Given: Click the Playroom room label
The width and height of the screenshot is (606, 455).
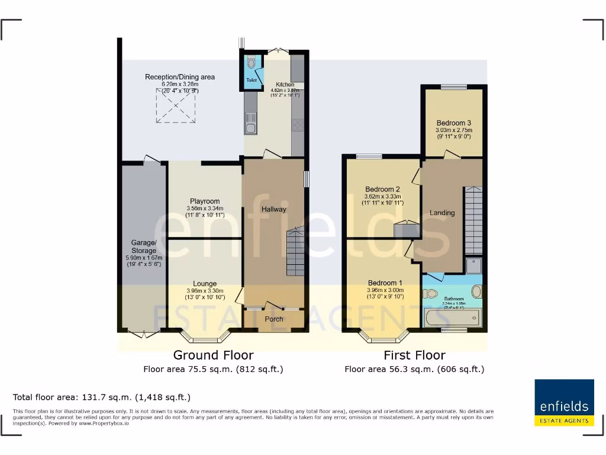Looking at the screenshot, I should (205, 201).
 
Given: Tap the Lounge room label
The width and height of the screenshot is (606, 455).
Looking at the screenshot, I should (205, 284).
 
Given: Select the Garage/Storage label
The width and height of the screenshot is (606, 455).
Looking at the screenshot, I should (144, 246).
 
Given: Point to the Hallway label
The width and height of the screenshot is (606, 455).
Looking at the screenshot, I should (274, 209).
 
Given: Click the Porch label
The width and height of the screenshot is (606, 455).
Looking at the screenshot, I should (274, 319).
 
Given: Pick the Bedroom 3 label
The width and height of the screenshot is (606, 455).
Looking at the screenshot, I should (454, 123).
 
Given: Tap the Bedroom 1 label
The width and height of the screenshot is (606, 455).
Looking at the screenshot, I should (385, 283).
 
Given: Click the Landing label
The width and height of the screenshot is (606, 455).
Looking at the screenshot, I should (442, 213).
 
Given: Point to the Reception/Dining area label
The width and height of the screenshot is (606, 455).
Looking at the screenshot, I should (180, 77).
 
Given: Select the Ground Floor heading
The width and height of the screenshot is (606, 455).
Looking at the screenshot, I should (213, 355).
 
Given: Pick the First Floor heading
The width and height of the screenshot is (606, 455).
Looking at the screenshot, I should (414, 355).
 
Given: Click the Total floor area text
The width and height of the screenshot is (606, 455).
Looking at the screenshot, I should (102, 397).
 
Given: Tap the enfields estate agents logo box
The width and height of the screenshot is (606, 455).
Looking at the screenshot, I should (564, 403).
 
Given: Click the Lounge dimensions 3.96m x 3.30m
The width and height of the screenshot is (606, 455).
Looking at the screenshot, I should (205, 291).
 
